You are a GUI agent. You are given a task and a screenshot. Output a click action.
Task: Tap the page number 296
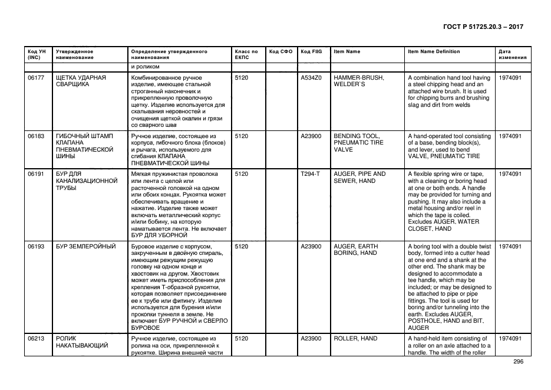point(518,362)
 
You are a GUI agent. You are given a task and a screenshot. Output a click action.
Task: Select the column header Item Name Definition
point(434,52)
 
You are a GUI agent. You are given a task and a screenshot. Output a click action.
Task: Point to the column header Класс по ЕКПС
point(246,55)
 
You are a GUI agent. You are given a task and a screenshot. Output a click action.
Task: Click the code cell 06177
point(36,78)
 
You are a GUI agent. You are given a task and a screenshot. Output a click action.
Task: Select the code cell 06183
point(36,136)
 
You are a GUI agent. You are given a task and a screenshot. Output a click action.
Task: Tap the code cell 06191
point(36,174)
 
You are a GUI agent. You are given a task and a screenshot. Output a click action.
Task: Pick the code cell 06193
point(36,246)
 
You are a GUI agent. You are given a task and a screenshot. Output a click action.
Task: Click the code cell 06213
point(36,339)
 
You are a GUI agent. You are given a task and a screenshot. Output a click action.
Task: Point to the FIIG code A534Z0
point(311,78)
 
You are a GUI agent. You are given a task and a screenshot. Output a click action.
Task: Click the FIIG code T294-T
point(311,174)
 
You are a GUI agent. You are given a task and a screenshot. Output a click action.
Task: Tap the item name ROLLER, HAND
point(355,339)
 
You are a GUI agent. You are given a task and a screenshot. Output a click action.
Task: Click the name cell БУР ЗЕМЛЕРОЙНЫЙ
point(85,246)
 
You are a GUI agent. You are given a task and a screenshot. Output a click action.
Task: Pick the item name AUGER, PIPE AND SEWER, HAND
point(359,178)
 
